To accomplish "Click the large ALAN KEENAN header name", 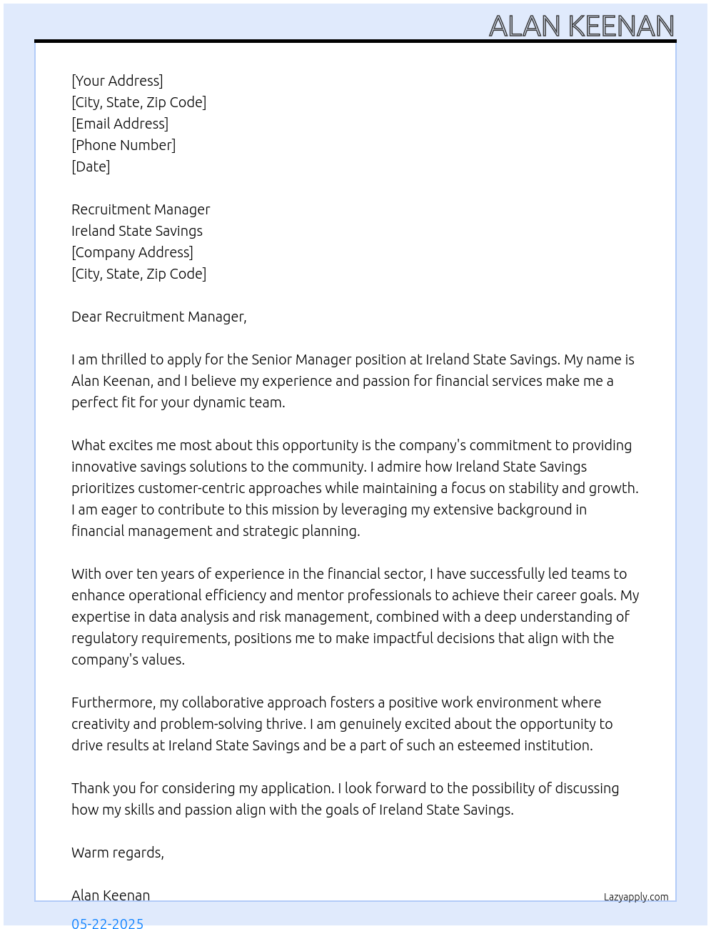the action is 582,26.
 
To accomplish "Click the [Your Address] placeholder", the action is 117,81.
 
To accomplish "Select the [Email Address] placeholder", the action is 120,124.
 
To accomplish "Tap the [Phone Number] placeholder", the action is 123,145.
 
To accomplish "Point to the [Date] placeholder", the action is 91,167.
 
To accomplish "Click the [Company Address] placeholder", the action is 132,252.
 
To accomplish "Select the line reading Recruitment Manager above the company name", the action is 141,209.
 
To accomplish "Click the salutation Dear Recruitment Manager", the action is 158,317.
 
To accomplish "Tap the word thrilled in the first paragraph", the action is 123,359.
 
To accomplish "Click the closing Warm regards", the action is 117,853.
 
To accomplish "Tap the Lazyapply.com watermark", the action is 636,897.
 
